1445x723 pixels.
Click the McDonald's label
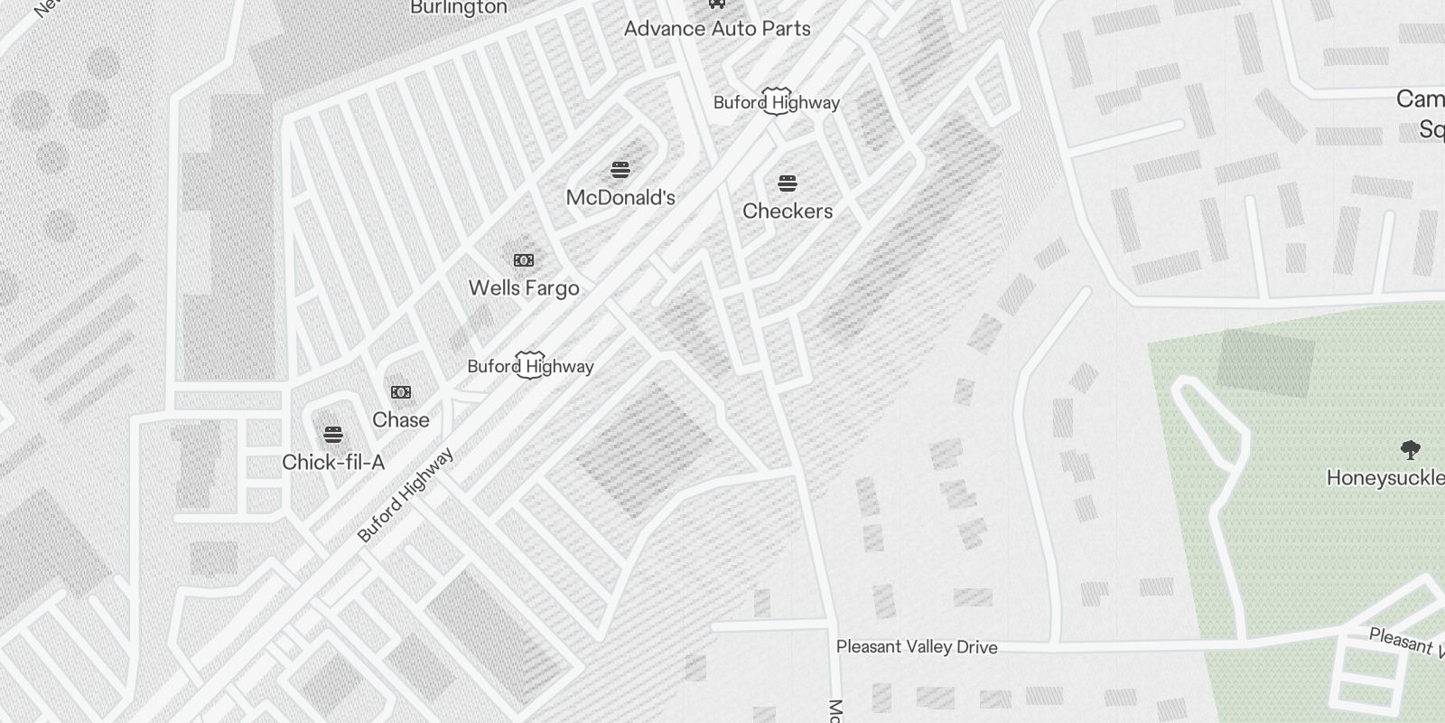620,198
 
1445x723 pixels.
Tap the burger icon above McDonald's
620,169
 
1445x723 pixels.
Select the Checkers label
788,211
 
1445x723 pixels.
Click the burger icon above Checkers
788,183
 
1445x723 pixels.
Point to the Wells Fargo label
524,288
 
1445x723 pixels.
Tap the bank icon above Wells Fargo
524,260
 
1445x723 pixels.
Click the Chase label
401,420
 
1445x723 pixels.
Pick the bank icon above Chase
401,392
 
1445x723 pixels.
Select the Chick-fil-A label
333,463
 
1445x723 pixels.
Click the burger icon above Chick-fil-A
333,435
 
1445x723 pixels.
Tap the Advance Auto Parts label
717,29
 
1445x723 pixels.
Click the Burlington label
459,8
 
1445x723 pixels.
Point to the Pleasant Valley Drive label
917,647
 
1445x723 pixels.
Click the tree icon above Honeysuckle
1410,449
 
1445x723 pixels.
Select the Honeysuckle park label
1385,478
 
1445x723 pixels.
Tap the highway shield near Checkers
777,101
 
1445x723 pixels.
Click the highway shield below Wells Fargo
530,365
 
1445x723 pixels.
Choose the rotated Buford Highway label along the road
406,495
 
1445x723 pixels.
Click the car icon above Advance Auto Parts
717,4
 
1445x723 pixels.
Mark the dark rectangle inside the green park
1264,363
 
